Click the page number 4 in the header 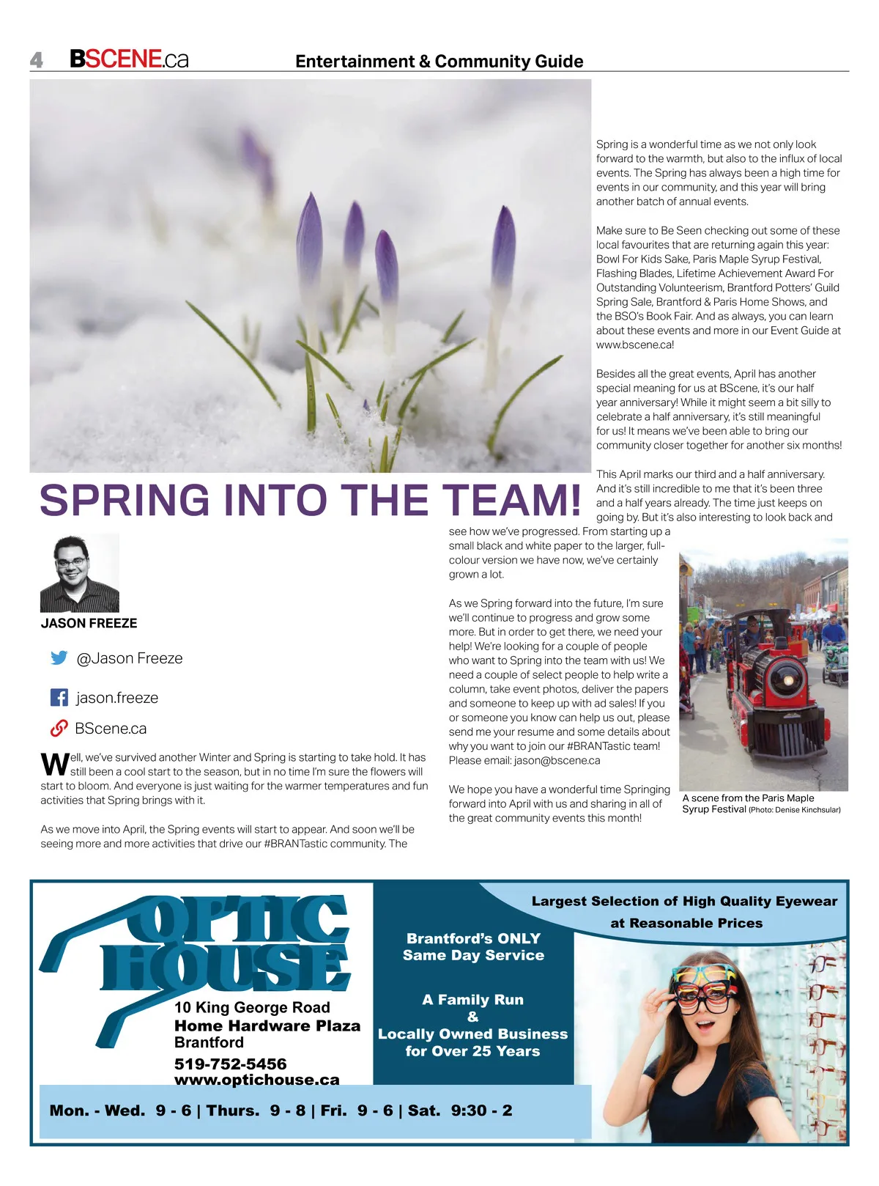pos(37,60)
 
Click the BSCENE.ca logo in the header pos(129,59)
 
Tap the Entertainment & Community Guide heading pos(439,62)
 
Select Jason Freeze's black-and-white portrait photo pos(80,573)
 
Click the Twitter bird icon pos(59,658)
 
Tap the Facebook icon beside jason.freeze pos(59,697)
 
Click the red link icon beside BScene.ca pos(59,729)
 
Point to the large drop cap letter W pos(54,764)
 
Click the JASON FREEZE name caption pos(89,624)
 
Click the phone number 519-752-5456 pos(230,1064)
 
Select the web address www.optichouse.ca pos(256,1080)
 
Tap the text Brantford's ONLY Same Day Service pos(473,947)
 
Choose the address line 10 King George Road pos(252,1008)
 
